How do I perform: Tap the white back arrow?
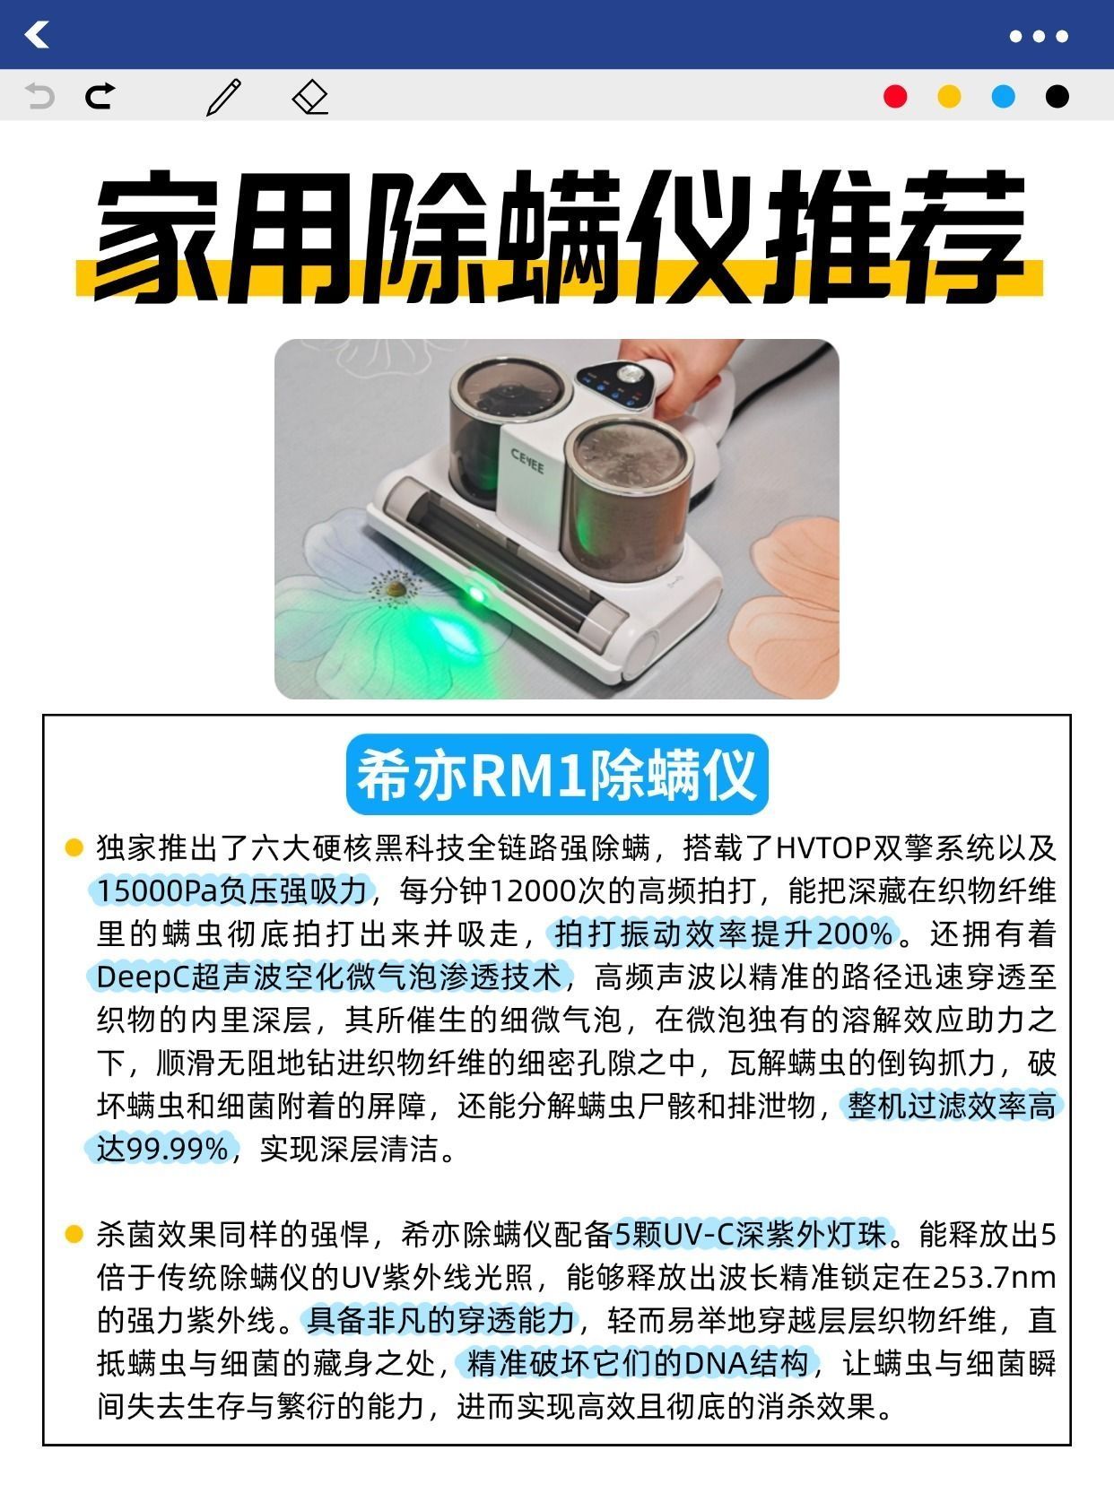tap(37, 34)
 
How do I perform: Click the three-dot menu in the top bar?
tap(1039, 36)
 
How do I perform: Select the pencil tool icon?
tap(224, 97)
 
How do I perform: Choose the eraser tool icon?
tap(310, 97)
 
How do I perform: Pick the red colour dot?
tap(895, 96)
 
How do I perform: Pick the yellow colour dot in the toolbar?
tap(949, 96)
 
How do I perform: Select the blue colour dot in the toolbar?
tap(1003, 96)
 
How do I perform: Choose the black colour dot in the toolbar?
tap(1057, 96)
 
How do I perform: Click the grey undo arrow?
tap(39, 96)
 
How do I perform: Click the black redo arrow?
tap(100, 96)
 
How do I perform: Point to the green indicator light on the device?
tap(476, 595)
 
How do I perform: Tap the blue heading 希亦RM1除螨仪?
tap(557, 775)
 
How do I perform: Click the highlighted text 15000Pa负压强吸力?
tap(232, 891)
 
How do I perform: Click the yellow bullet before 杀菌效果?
tap(73, 1233)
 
